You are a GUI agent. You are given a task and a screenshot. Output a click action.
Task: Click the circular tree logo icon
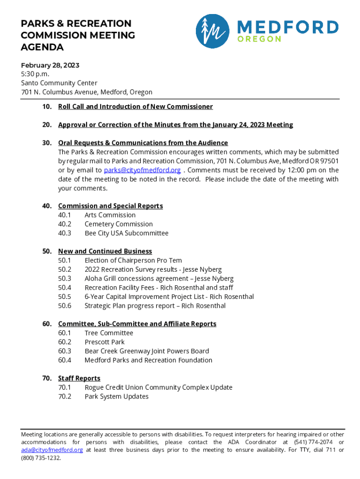coord(212,31)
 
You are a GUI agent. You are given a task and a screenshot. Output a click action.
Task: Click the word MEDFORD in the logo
coord(288,27)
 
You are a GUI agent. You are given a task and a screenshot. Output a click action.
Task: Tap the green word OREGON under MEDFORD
coord(259,39)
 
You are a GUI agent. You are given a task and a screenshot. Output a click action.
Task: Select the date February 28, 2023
coord(50,65)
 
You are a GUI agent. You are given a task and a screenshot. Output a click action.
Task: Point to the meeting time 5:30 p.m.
coord(35,74)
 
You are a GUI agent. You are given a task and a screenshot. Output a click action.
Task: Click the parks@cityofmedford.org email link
coord(142,170)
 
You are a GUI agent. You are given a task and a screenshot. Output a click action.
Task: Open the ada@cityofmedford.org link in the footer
coord(52,450)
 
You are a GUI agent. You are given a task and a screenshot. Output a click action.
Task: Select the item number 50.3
coord(65,279)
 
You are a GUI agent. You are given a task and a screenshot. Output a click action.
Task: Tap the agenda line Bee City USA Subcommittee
coord(126,233)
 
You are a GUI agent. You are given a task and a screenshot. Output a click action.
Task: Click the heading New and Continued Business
coord(105,252)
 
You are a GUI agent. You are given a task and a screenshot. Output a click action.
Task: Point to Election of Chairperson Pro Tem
coord(133,261)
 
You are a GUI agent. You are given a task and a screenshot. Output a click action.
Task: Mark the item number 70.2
coord(65,397)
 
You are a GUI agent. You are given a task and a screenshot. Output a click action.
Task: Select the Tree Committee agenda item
coord(109,333)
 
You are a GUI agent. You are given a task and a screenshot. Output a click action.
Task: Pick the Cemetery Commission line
coord(119,224)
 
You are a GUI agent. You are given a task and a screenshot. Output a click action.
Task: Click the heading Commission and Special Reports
coord(110,206)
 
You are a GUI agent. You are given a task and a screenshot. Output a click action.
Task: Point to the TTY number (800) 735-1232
coord(41,458)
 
